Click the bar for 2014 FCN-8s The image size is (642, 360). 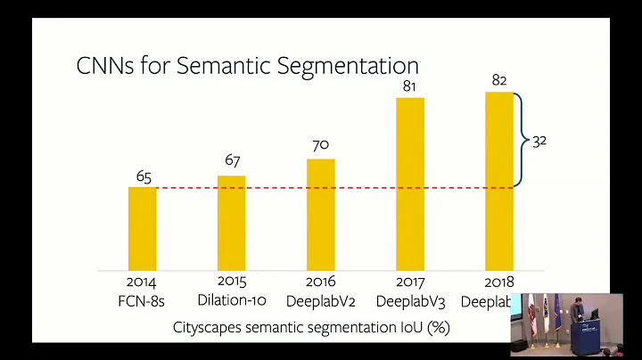point(143,228)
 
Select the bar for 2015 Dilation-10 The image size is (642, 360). point(232,223)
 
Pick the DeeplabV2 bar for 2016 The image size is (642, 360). point(321,214)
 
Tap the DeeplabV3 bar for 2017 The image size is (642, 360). point(410,184)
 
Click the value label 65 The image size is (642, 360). point(143,176)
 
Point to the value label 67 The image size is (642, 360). point(232,160)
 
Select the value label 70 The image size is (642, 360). point(321,144)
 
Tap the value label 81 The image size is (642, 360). point(410,86)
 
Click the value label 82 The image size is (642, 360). point(499,80)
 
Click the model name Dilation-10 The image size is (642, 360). point(232,301)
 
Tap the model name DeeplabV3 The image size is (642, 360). point(410,301)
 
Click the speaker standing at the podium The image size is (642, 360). point(580,313)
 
